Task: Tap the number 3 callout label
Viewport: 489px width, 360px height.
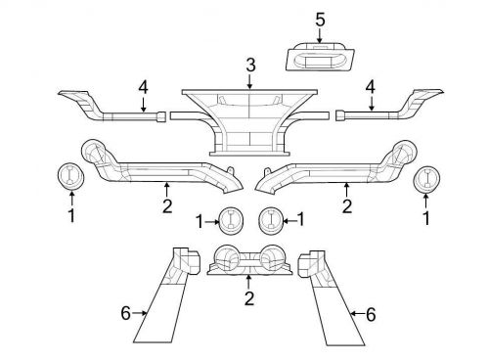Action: [x=250, y=66]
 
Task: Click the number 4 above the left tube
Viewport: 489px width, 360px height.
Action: [x=143, y=87]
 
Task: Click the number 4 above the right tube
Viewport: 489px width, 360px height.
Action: [x=370, y=87]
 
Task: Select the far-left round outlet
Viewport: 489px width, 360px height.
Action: [x=70, y=177]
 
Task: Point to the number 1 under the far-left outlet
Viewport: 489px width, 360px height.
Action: [x=70, y=215]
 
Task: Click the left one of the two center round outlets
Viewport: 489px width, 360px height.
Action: [x=230, y=221]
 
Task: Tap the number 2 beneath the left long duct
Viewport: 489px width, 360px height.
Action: [x=166, y=205]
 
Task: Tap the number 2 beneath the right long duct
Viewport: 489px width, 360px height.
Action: [x=346, y=205]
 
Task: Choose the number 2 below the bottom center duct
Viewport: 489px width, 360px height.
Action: [x=249, y=297]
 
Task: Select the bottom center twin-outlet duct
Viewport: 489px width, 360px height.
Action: [x=249, y=262]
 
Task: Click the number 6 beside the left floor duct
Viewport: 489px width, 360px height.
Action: [x=125, y=313]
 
